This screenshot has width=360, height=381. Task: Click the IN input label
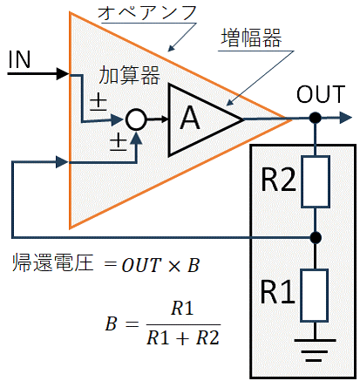click(x=19, y=60)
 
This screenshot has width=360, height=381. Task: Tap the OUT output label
click(x=321, y=94)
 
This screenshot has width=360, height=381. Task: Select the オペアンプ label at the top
click(x=147, y=13)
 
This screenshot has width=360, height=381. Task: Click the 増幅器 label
click(x=251, y=37)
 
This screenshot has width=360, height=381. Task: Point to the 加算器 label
click(x=129, y=75)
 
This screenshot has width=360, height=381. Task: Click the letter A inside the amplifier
click(x=190, y=118)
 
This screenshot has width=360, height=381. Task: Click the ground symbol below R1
click(x=315, y=350)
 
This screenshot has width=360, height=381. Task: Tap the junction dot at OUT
click(x=315, y=118)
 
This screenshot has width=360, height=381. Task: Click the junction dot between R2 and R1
click(x=315, y=238)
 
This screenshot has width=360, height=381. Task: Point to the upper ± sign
click(x=98, y=103)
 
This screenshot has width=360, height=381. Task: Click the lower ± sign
click(x=119, y=143)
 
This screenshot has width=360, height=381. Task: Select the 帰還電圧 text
click(x=52, y=262)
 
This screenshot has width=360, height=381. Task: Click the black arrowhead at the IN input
click(x=63, y=74)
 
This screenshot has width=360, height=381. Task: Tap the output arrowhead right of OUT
click(x=345, y=118)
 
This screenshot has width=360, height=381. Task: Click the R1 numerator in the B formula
click(x=182, y=309)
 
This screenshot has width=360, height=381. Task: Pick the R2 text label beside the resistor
click(x=278, y=180)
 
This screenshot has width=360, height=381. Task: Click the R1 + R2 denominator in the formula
click(x=183, y=337)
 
